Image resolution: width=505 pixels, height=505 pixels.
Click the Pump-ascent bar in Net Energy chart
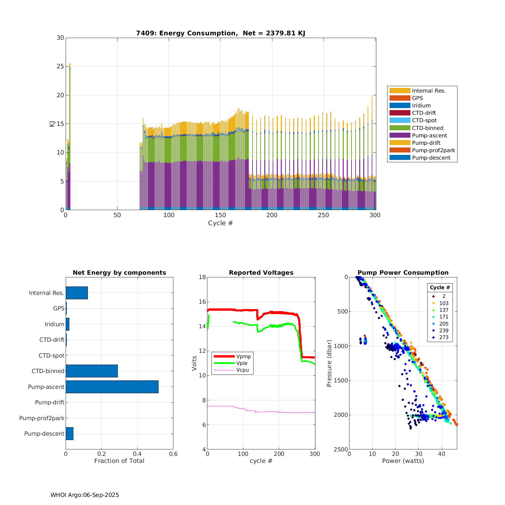112,387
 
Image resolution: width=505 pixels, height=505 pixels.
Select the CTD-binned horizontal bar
92,371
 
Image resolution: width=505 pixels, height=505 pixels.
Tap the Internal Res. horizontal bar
77,293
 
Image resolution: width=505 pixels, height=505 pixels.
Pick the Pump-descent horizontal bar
69,434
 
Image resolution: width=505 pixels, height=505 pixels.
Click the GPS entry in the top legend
417,98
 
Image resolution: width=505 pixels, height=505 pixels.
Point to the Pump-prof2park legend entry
433,150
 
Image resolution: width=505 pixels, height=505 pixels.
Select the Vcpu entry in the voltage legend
242,370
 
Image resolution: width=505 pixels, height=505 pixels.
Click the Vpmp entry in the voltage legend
243,356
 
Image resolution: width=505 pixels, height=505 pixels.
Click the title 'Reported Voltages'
261,273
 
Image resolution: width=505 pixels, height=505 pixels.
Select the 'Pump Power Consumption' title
403,273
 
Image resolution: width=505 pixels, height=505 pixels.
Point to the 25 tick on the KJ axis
60,66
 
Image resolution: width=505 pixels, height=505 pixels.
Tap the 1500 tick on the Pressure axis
341,380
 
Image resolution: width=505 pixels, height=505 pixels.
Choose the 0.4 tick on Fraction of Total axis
137,454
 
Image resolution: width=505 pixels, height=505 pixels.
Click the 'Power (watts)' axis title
403,461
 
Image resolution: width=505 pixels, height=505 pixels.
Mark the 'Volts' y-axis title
194,363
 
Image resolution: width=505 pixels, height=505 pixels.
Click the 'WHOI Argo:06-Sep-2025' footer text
85,495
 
